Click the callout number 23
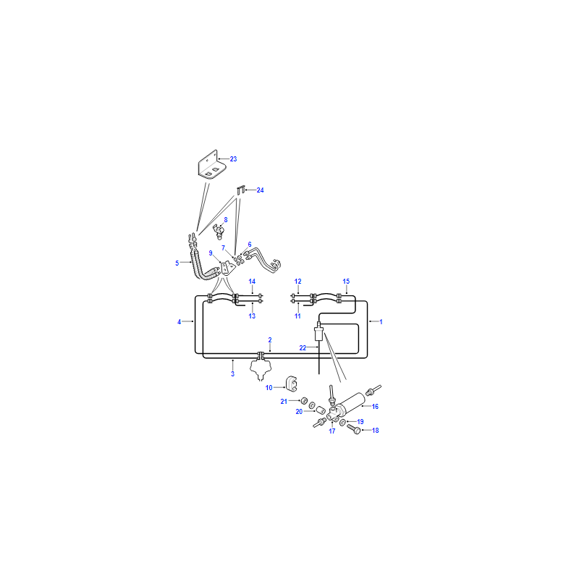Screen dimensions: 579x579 click(x=233, y=159)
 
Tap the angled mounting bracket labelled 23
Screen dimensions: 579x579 click(x=212, y=165)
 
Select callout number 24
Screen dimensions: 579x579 click(x=260, y=190)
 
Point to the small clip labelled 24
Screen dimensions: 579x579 click(x=241, y=190)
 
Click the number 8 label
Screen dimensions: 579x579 click(x=226, y=220)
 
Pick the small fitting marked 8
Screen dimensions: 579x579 click(x=218, y=231)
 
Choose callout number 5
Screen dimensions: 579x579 click(x=177, y=263)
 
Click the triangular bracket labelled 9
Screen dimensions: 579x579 click(x=227, y=268)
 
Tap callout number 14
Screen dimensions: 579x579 click(x=252, y=282)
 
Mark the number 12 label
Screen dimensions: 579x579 click(x=297, y=282)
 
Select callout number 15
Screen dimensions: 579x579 click(x=346, y=282)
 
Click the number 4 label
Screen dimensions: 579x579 click(x=179, y=322)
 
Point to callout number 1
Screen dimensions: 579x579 click(x=381, y=322)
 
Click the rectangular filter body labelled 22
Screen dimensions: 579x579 click(x=318, y=334)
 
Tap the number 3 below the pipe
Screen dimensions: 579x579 click(x=232, y=374)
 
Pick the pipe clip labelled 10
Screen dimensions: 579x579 click(x=292, y=384)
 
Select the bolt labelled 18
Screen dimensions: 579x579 click(x=353, y=429)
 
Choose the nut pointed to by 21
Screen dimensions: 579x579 click(x=304, y=401)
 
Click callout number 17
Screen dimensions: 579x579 click(x=332, y=431)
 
